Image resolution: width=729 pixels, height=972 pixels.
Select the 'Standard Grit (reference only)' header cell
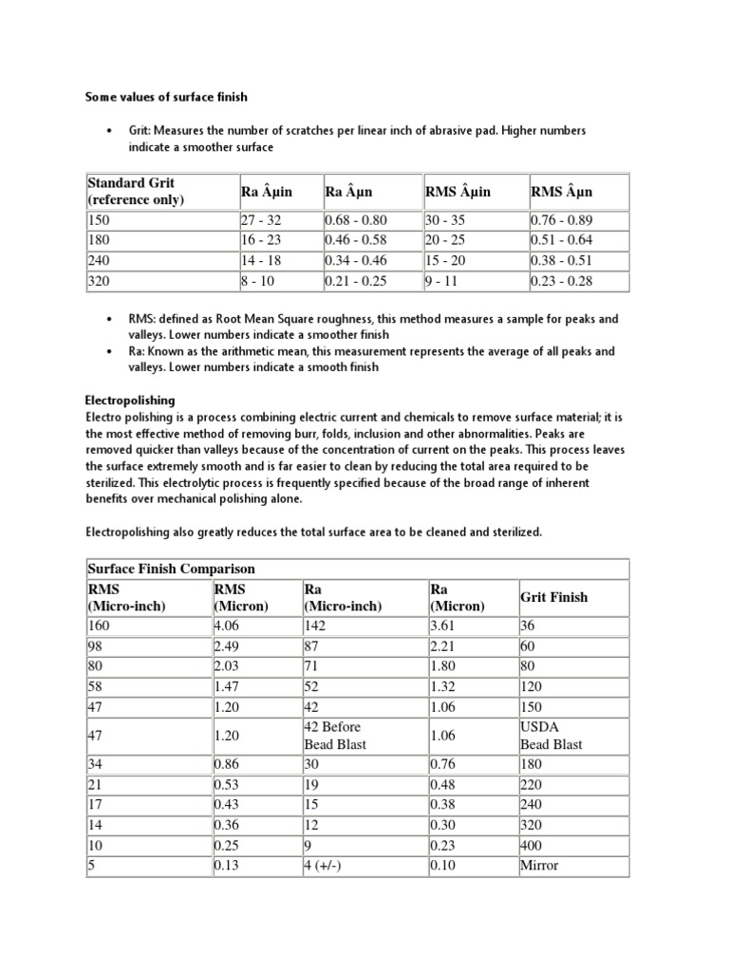point(136,191)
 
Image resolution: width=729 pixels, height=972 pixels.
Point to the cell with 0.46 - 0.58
point(356,240)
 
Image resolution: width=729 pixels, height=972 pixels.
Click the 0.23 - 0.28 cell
point(561,281)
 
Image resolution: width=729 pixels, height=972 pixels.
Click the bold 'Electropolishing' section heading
point(130,401)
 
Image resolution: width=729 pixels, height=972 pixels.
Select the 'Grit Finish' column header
point(553,597)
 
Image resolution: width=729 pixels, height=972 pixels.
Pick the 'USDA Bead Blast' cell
point(551,736)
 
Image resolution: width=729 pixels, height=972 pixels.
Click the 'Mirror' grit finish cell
point(539,865)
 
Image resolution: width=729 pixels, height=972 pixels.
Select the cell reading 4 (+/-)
point(326,865)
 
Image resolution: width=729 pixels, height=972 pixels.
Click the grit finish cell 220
point(531,785)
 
